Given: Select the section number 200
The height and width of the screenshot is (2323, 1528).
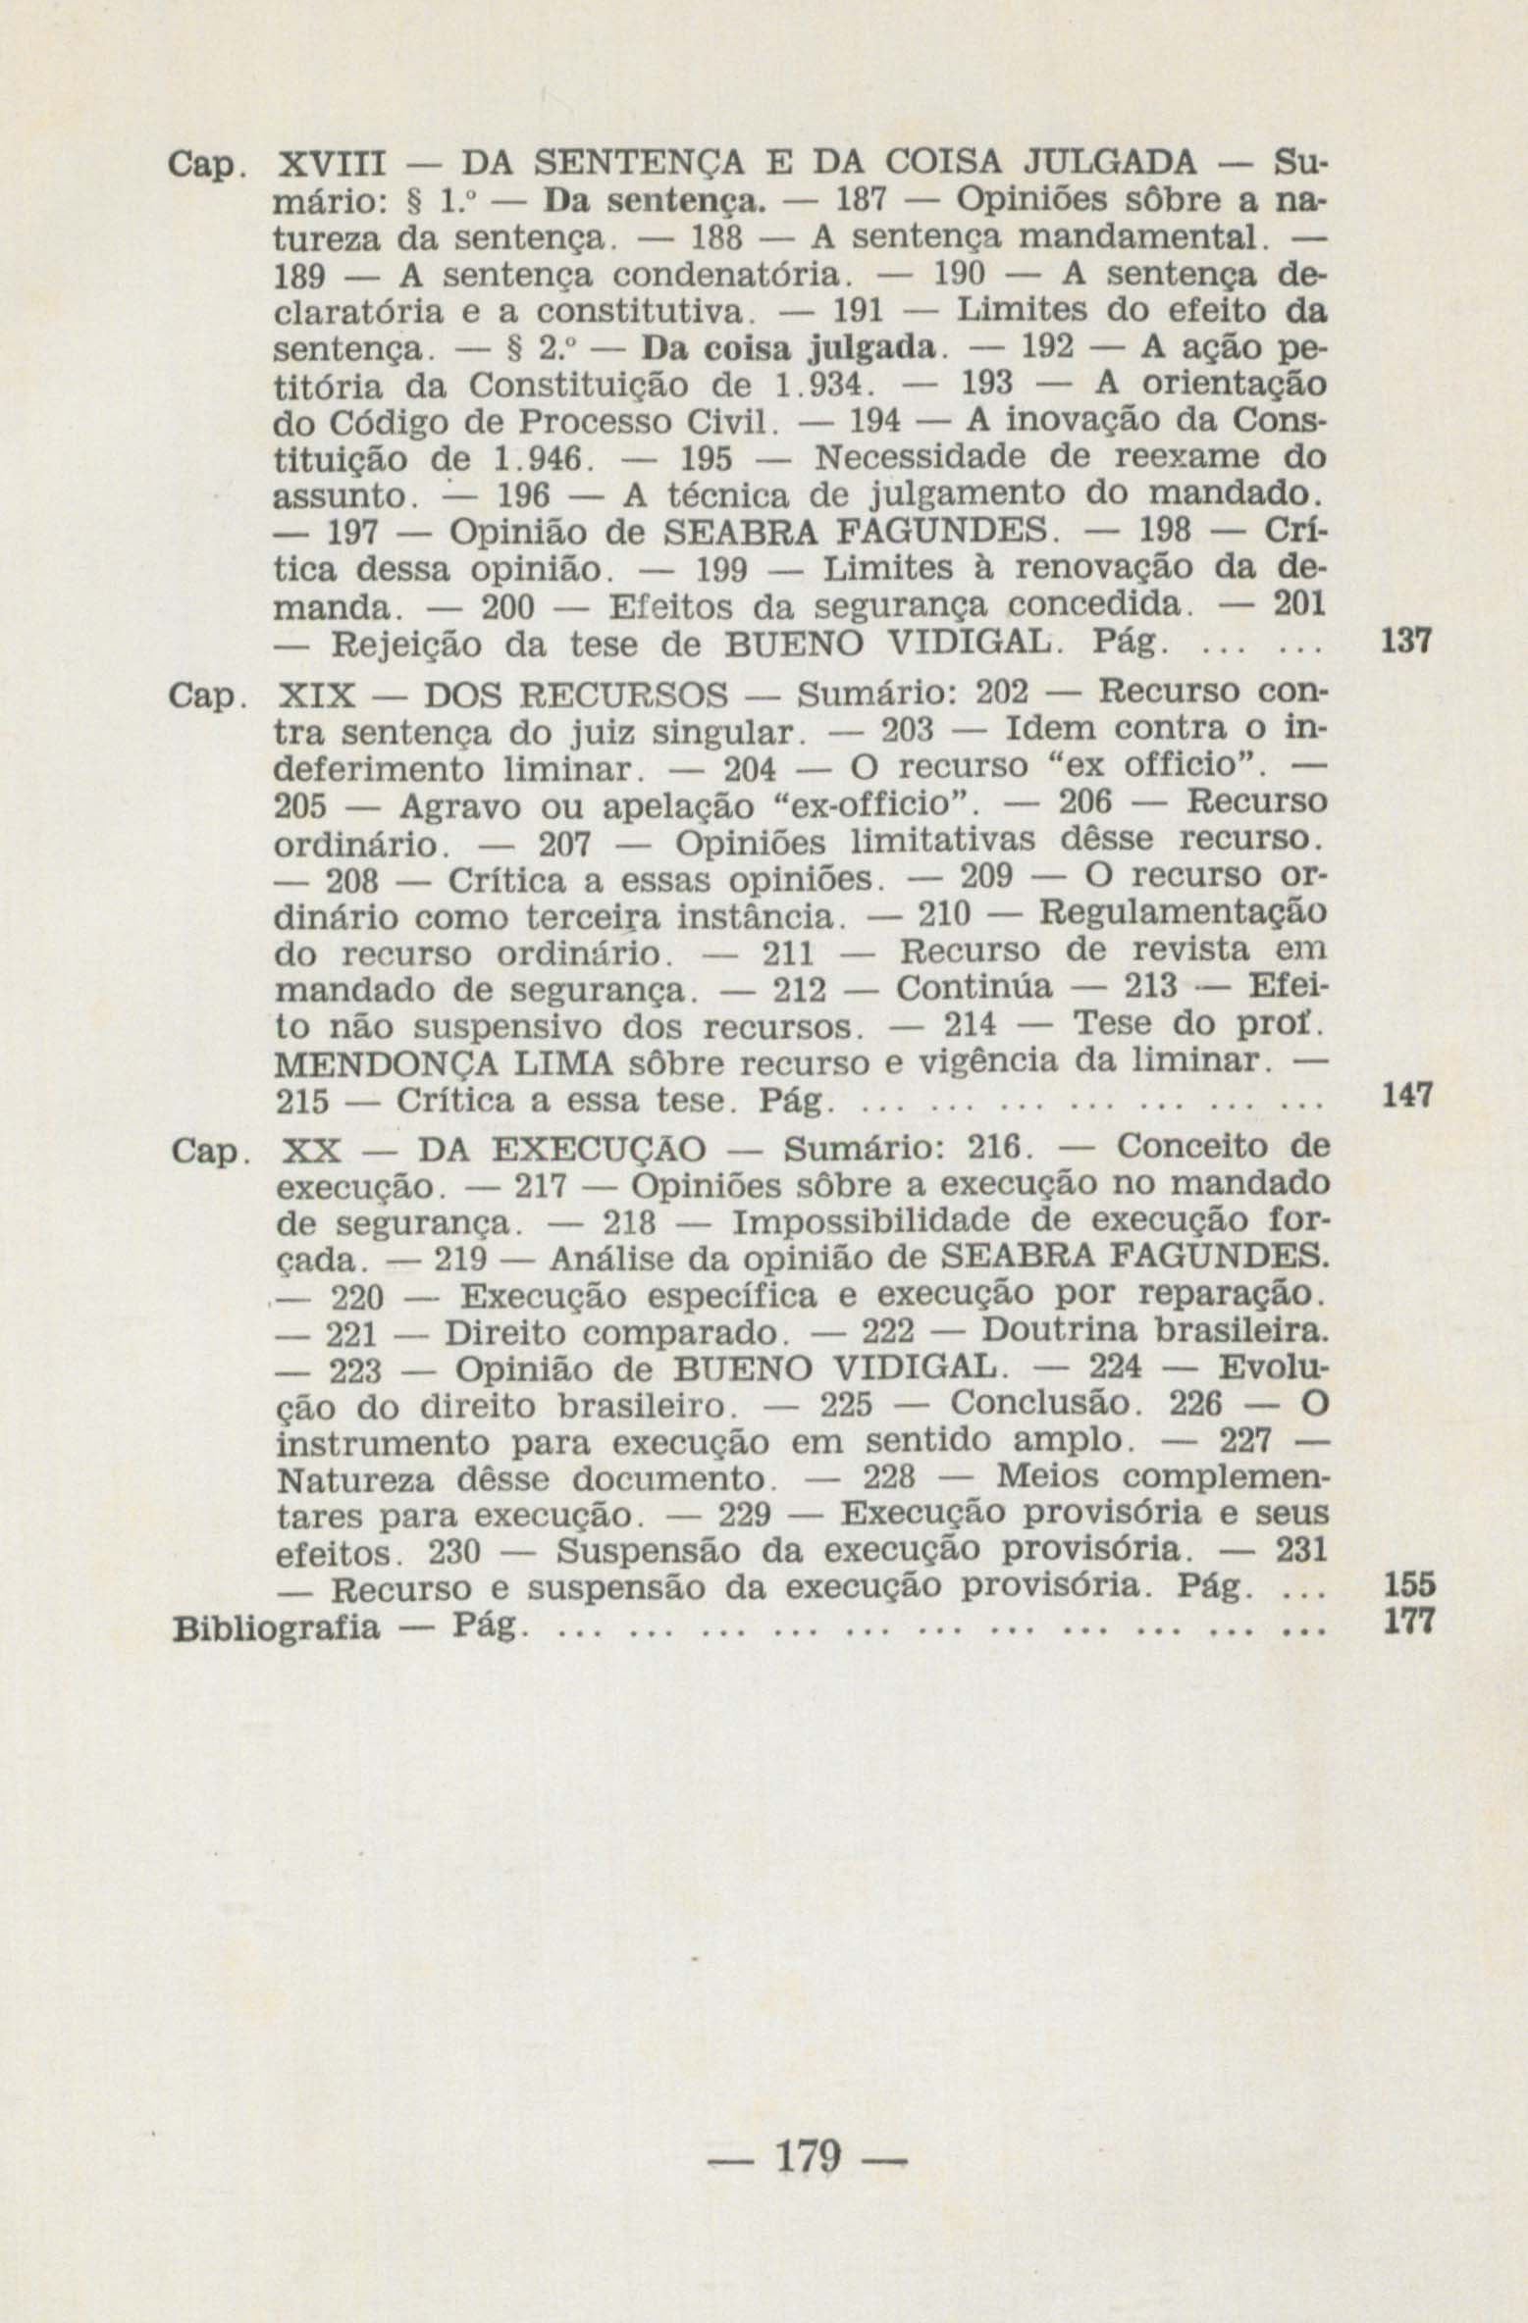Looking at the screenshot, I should (506, 608).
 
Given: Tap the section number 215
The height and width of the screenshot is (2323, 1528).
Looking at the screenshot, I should (303, 1101).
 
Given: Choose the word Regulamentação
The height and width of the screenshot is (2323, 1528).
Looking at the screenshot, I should (1183, 913).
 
